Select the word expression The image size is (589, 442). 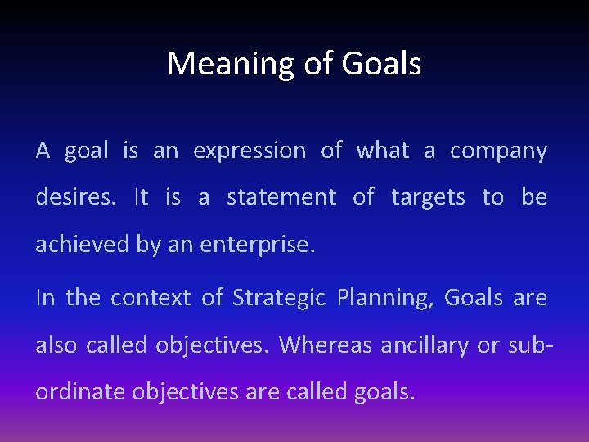pos(250,151)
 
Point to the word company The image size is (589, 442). pos(498,151)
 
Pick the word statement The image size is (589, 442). pos(281,197)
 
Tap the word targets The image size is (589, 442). pos(428,197)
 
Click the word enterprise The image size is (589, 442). pos(263,245)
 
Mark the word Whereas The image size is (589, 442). pos(325,345)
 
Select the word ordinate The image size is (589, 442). pos(70,391)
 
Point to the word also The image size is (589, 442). pos(55,345)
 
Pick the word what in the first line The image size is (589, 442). pos(382,151)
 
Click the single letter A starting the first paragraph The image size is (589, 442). pos(43,151)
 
